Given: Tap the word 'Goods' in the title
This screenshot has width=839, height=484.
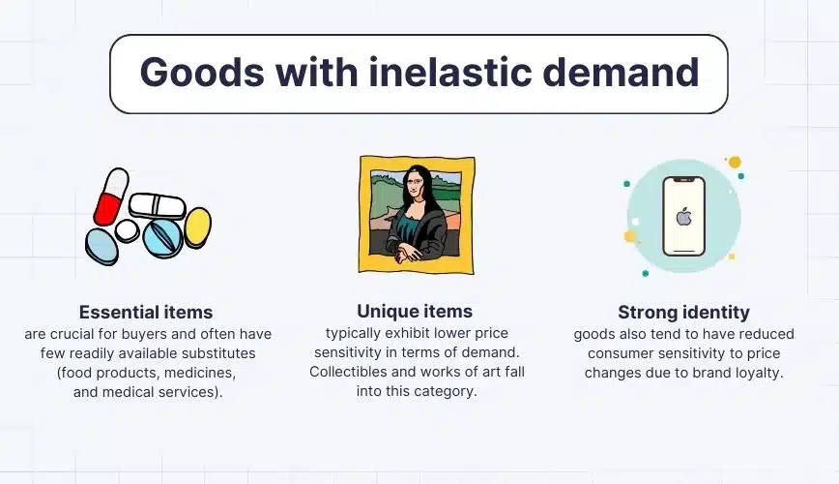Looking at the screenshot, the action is point(202,72).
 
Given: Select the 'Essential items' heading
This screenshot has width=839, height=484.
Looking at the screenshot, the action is point(146,312).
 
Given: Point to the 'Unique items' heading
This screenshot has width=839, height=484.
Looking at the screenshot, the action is point(415,311).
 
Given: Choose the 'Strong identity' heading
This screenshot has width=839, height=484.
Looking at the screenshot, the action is point(683,312).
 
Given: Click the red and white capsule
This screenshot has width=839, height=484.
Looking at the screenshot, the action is point(111,197).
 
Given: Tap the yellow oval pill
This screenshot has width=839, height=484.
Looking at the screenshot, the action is point(197,227).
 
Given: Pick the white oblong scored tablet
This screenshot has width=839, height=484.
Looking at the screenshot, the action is point(158,206).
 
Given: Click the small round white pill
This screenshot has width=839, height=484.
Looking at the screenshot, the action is point(127,231).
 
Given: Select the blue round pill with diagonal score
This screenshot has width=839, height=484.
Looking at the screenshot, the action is point(163,237).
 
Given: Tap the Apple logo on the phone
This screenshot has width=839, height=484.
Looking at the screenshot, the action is point(683,217).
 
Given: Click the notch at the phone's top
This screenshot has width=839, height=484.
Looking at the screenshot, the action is point(683,180).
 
